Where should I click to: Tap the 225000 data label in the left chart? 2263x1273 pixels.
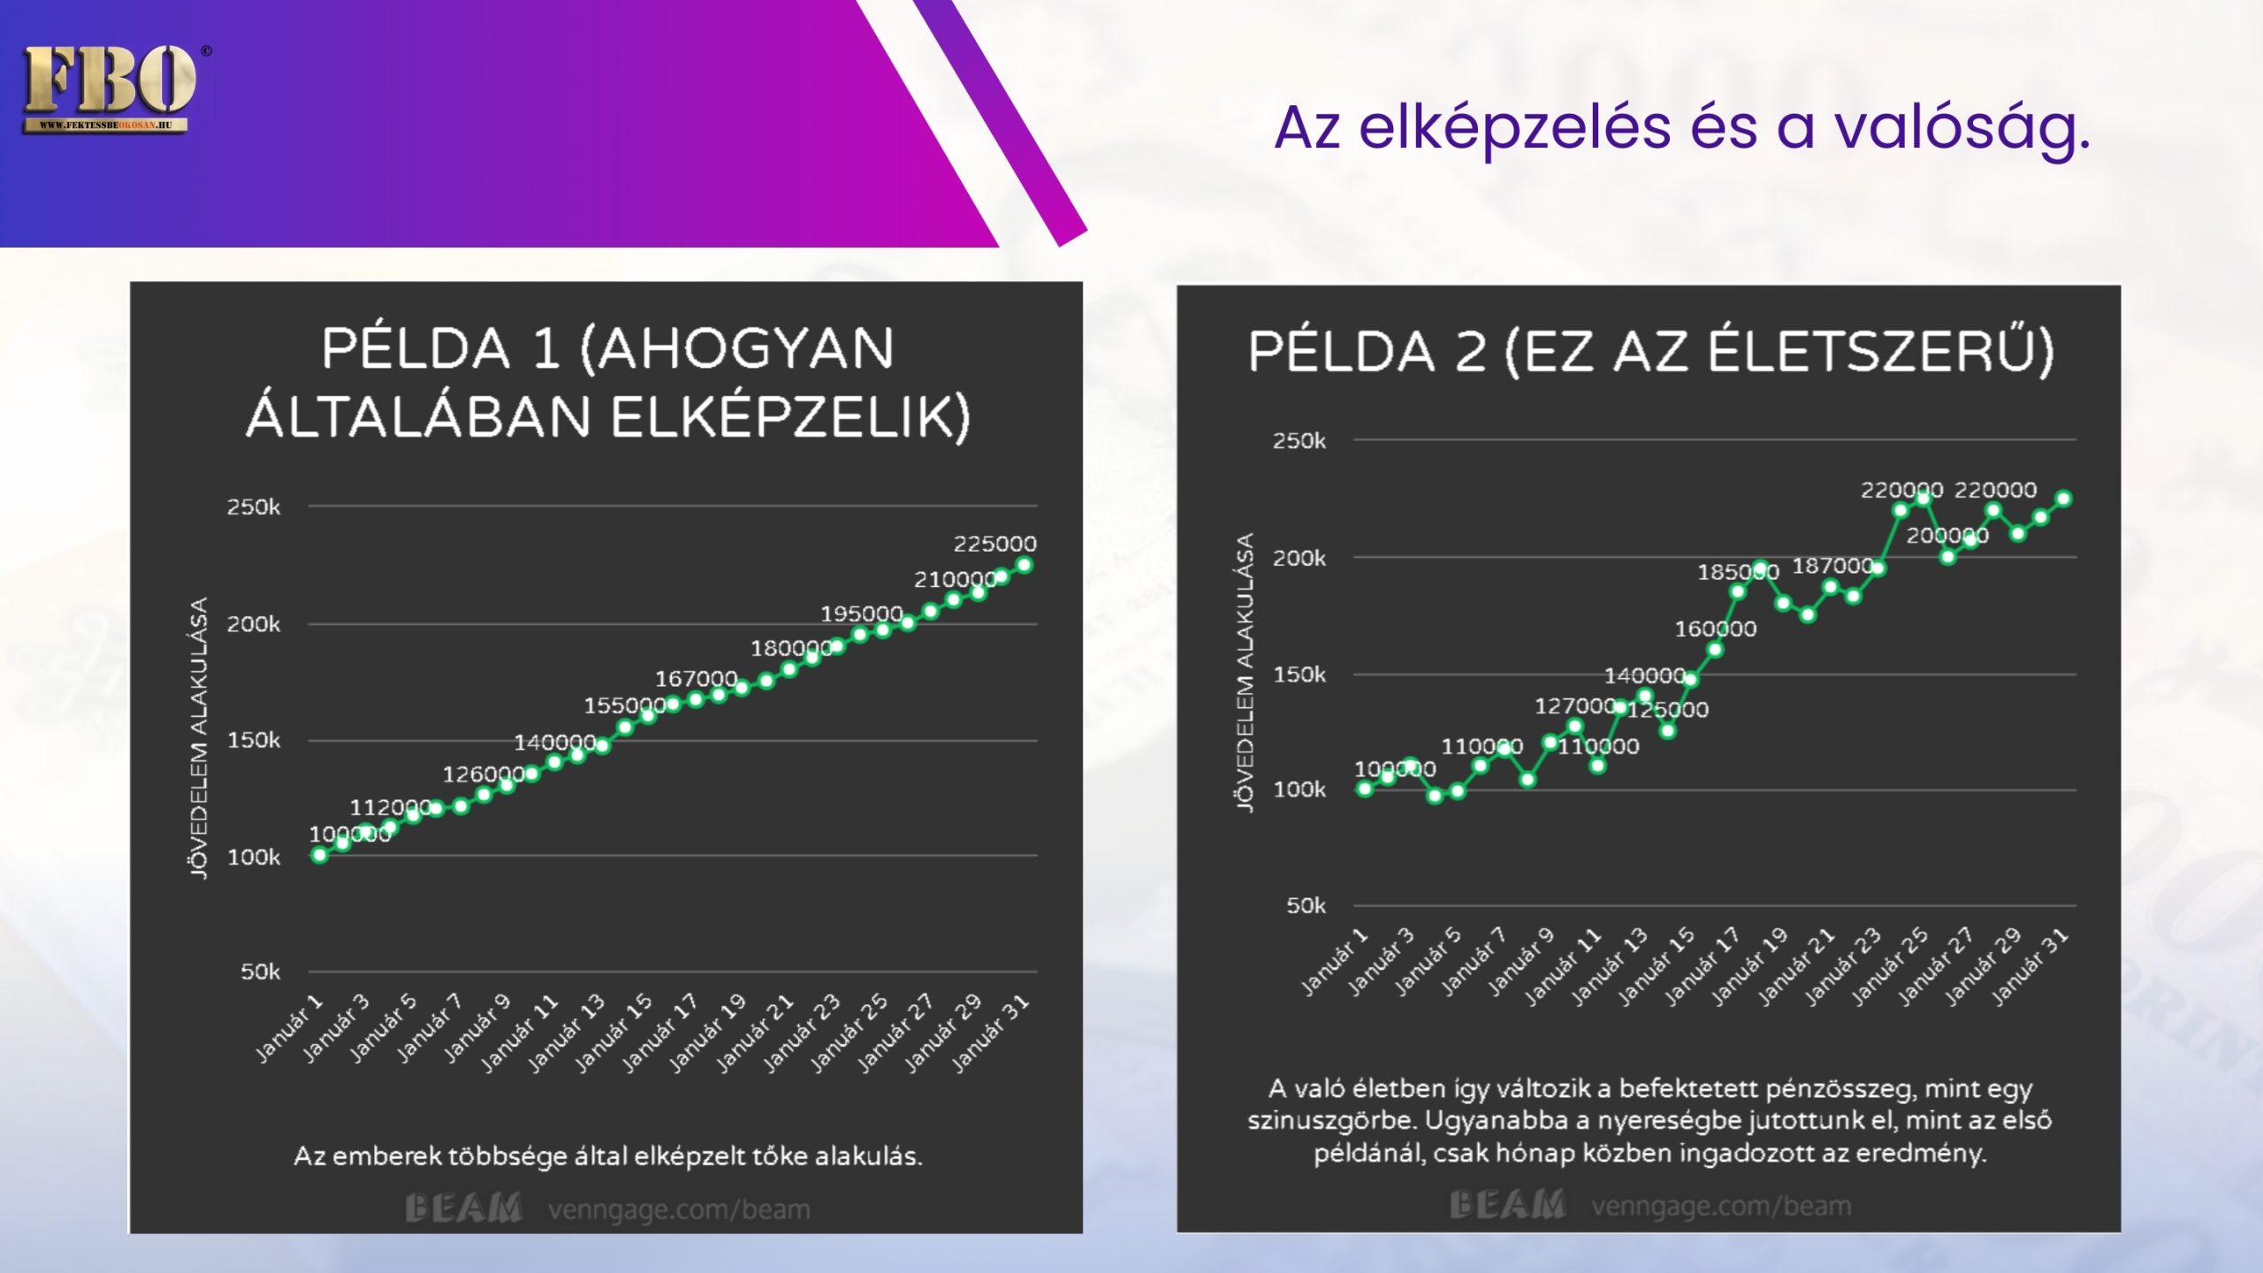coord(994,544)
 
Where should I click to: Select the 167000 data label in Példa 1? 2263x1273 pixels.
coord(696,679)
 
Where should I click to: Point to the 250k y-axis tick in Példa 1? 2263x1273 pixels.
coord(254,507)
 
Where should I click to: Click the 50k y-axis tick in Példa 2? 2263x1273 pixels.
coord(1306,906)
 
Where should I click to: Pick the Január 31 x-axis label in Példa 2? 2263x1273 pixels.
coord(2031,968)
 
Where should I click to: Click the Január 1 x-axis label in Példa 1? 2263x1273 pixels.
coord(290,1028)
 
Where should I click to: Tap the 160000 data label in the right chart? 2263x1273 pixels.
coord(1715,629)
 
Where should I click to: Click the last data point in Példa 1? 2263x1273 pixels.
coord(1025,565)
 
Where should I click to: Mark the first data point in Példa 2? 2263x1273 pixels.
coord(1365,789)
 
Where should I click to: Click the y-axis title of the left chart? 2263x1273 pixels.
coord(200,737)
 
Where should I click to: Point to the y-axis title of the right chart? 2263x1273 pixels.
coord(1245,673)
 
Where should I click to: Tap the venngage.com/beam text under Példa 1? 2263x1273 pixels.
coord(679,1209)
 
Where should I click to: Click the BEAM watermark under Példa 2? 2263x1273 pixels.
coord(1507,1205)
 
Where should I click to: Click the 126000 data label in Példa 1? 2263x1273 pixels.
coord(484,775)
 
